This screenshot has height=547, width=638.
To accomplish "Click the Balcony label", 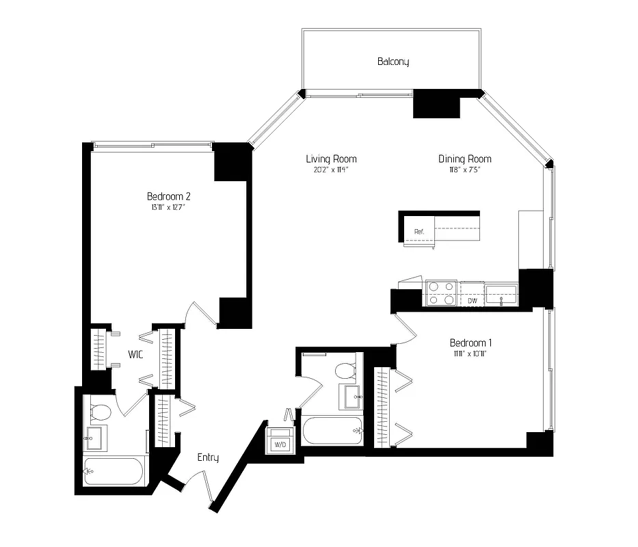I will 393,62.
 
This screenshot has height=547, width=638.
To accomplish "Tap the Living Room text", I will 331,159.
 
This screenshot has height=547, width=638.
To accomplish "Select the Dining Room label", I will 465,159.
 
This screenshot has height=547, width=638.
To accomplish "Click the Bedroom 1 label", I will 471,343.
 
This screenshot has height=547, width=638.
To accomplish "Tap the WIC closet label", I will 135,355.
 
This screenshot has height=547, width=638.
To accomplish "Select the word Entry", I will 208,457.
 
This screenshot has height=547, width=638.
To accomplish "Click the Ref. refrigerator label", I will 419,232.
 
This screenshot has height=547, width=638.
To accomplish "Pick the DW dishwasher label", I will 472,300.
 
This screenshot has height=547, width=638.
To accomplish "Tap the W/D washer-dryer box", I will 280,443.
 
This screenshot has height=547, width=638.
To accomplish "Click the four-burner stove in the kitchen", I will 441,293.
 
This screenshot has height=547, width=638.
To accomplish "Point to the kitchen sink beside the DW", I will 502,295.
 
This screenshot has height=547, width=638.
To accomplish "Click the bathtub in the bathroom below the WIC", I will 114,471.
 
